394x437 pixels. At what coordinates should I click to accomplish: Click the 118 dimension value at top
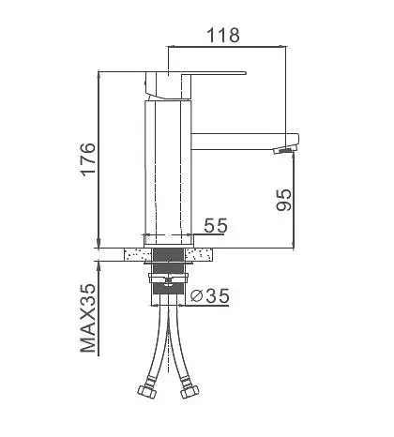point(223,36)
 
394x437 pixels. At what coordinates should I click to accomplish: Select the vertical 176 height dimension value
point(88,159)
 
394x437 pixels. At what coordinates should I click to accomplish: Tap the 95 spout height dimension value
point(284,200)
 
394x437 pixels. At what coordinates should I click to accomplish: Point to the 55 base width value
point(216,225)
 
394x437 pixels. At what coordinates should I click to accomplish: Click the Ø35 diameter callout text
point(210,295)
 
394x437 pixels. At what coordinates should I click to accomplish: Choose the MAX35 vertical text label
point(88,318)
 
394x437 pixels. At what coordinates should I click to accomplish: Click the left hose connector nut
point(146,392)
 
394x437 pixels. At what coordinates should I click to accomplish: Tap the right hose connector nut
point(189,392)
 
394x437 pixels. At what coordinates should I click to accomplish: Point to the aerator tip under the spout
point(284,149)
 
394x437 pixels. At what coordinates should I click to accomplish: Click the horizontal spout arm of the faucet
point(245,142)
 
